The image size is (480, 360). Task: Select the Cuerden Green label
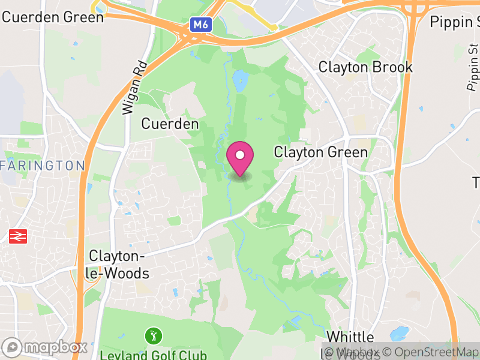click(x=53, y=16)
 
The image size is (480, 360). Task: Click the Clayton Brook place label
click(x=365, y=67)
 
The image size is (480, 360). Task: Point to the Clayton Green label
click(x=320, y=152)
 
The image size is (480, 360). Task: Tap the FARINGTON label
click(x=43, y=165)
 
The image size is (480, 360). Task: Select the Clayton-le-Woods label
click(x=118, y=265)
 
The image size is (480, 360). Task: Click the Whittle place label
click(x=350, y=337)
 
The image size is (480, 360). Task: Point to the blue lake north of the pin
click(x=241, y=80)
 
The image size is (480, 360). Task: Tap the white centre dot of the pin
click(x=240, y=155)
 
